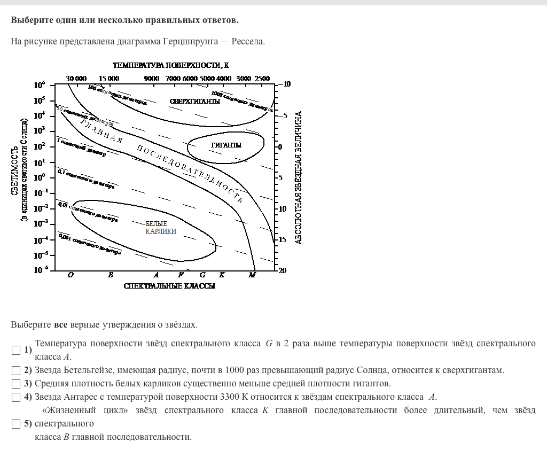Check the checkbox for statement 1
coord(16,350)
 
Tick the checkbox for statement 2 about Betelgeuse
coord(16,370)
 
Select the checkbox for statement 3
coord(16,384)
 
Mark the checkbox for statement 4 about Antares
coord(16,397)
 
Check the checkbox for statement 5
coord(16,424)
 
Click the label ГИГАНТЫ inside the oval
coord(226,145)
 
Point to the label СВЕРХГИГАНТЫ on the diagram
coord(195,102)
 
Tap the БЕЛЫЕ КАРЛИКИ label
coord(161,228)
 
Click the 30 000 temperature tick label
coord(76,79)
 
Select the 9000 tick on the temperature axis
coord(152,79)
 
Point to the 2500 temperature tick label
coord(262,79)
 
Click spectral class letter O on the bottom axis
coord(71,275)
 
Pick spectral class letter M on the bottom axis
coord(253,275)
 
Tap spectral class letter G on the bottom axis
coord(202,275)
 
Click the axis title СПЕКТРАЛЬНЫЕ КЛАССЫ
coord(169,286)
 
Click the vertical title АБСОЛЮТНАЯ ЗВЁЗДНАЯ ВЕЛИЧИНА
coord(299,177)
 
